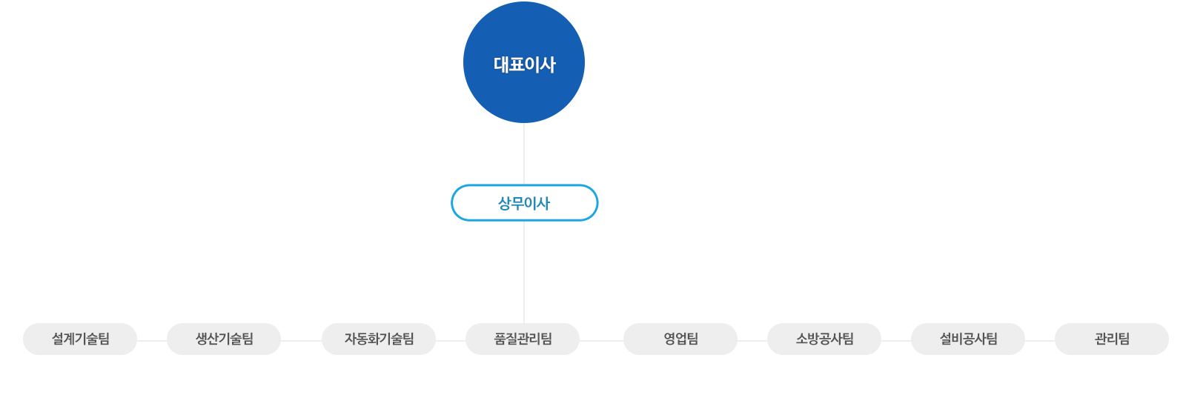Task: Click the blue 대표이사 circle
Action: click(524, 62)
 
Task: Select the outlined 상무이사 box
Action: click(525, 202)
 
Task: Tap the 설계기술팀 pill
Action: click(80, 339)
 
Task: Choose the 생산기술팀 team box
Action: click(224, 339)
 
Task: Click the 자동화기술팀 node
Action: click(379, 339)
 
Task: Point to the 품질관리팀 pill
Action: click(523, 339)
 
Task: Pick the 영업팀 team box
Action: click(680, 339)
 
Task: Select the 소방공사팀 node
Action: click(824, 339)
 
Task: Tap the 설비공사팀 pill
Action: click(968, 339)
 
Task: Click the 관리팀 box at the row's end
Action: click(1112, 339)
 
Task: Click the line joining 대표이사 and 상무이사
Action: click(524, 154)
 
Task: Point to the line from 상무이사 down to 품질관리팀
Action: click(524, 272)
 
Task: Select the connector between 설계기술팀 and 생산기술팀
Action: click(152, 341)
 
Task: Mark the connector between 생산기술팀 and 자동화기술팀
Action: click(301, 341)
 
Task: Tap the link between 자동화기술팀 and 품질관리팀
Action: click(451, 341)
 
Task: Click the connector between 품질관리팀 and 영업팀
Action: click(601, 341)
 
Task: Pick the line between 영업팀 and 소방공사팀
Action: click(752, 341)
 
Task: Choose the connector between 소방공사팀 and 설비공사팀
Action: click(896, 341)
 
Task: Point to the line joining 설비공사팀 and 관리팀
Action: click(1040, 341)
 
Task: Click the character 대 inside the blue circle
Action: click(501, 64)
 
